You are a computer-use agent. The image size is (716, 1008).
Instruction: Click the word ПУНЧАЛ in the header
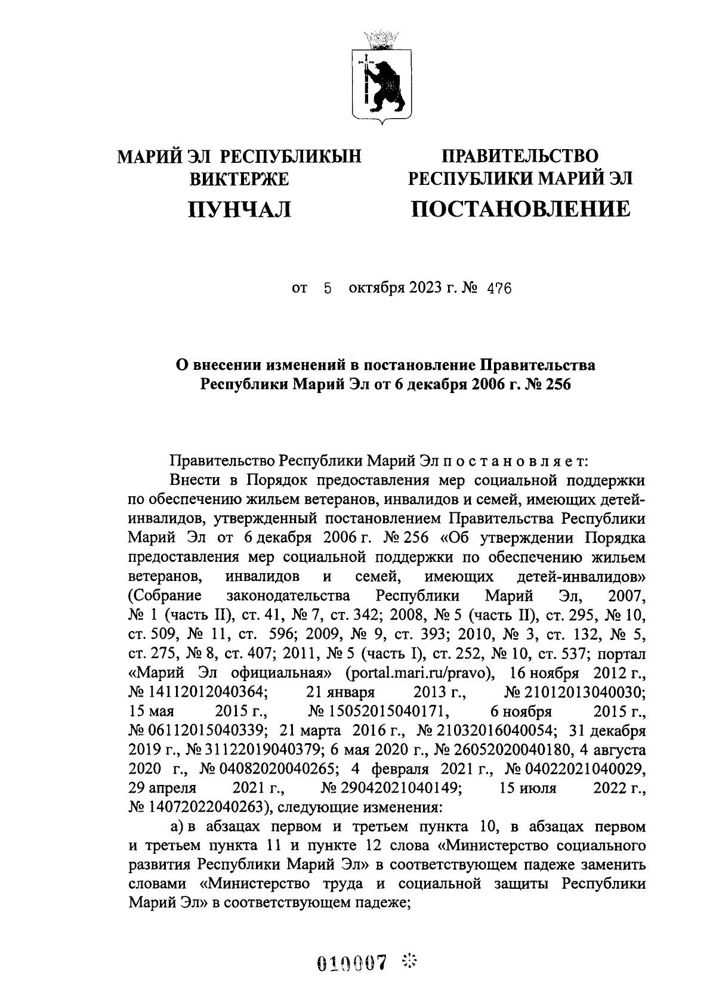(240, 209)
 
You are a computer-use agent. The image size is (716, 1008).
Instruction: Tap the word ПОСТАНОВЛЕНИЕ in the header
(519, 209)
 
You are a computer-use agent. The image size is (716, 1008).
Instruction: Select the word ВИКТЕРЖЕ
(239, 179)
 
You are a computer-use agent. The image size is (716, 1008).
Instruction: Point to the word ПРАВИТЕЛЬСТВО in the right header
(519, 157)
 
